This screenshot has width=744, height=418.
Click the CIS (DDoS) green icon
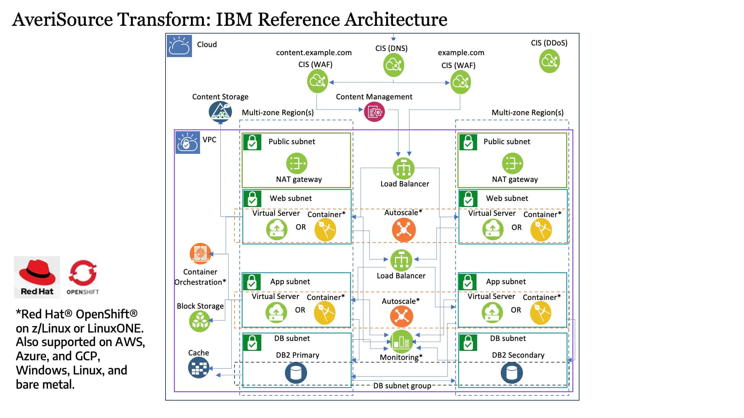click(x=549, y=61)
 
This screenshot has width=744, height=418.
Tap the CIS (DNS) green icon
click(x=393, y=65)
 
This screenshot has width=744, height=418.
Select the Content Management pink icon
click(x=374, y=112)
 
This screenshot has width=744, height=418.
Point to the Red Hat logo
click(x=37, y=277)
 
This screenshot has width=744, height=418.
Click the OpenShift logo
click(x=83, y=277)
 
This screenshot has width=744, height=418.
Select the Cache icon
click(x=198, y=368)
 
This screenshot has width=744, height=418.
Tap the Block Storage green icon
click(x=199, y=322)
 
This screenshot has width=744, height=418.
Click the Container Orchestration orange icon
click(x=200, y=254)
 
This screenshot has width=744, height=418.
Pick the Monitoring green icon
click(x=401, y=342)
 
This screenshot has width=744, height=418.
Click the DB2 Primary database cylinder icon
click(x=296, y=373)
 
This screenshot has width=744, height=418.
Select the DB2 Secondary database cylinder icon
click(x=511, y=373)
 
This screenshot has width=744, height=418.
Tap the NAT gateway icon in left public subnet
click(x=297, y=163)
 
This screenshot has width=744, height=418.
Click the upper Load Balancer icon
click(x=403, y=168)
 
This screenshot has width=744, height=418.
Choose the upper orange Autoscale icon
click(x=404, y=230)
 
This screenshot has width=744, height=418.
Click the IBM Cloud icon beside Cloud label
click(x=179, y=46)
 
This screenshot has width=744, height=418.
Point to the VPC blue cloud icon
click(x=187, y=142)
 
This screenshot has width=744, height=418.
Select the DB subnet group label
click(x=402, y=386)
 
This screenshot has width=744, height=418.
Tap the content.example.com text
click(x=314, y=53)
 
